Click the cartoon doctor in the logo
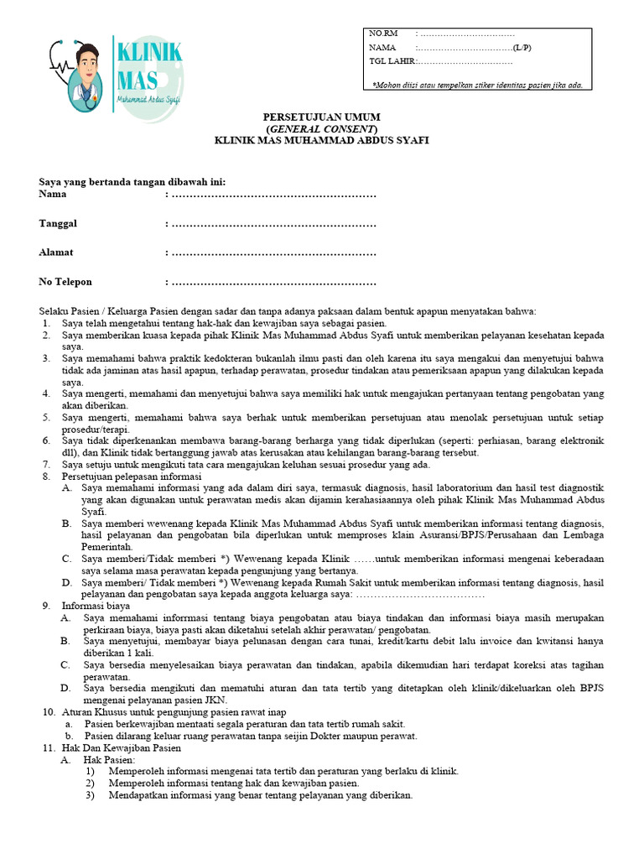click(x=83, y=75)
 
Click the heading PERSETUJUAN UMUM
click(x=322, y=117)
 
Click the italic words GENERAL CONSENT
click(x=322, y=129)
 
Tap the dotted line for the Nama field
click(x=273, y=195)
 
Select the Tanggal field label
click(x=59, y=223)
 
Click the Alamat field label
click(x=56, y=252)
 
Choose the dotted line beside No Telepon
click(x=273, y=282)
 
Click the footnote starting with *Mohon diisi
click(x=477, y=85)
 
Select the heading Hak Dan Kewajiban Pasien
click(x=122, y=747)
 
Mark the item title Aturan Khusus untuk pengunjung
click(x=147, y=711)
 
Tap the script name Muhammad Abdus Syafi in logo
click(x=148, y=100)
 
